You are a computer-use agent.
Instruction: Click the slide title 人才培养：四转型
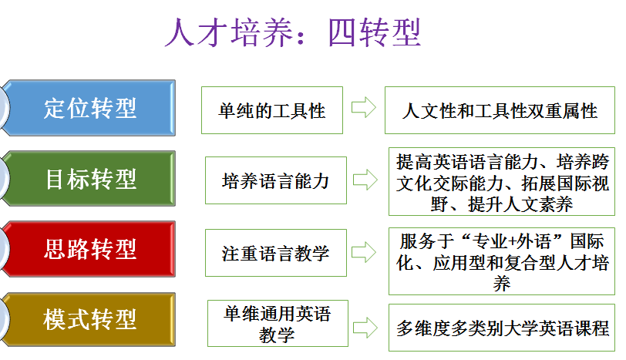[x=293, y=32]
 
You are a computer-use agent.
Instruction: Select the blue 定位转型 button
[x=88, y=108]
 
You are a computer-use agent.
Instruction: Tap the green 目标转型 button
[x=88, y=178]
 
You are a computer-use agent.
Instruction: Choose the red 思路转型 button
[x=88, y=249]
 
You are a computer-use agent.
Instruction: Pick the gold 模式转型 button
[x=88, y=319]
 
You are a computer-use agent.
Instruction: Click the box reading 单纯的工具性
[x=272, y=110]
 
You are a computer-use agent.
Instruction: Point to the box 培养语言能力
[x=276, y=180]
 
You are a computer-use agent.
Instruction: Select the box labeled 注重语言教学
[x=276, y=253]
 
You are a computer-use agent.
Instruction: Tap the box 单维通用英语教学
[x=278, y=323]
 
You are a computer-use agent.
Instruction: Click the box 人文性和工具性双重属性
[x=500, y=110]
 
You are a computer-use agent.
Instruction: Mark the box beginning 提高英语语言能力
[x=502, y=182]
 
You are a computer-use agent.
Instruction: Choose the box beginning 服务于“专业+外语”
[x=502, y=261]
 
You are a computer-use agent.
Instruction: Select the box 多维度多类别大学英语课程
[x=502, y=328]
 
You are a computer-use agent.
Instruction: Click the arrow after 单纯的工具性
[x=364, y=107]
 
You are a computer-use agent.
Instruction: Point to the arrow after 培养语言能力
[x=365, y=180]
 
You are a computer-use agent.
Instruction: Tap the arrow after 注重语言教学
[x=364, y=252]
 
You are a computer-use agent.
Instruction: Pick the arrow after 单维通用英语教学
[x=365, y=328]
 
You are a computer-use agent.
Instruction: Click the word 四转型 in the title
[x=375, y=32]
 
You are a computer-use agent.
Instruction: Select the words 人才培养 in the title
[x=229, y=32]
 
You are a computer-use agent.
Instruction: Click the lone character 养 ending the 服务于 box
[x=502, y=284]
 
